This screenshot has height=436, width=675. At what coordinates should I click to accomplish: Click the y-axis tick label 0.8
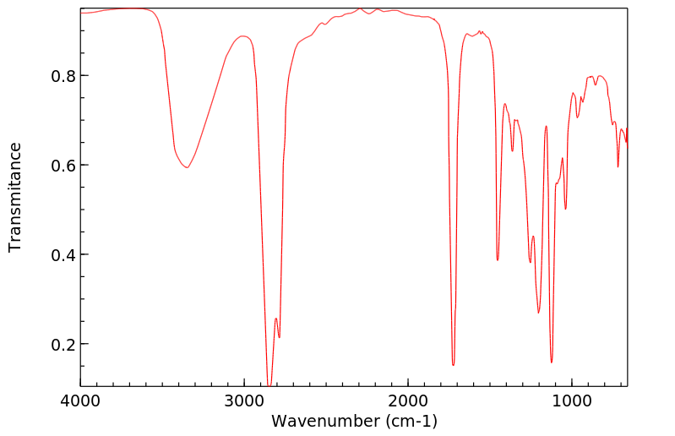click(63, 75)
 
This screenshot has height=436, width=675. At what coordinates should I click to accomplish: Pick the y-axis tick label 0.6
click(63, 165)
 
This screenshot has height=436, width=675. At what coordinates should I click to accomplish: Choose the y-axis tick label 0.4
click(63, 254)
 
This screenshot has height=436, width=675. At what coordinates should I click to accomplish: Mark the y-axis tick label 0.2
click(63, 345)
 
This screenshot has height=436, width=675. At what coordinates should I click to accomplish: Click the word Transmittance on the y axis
click(15, 197)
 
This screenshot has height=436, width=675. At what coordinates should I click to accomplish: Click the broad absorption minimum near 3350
click(187, 167)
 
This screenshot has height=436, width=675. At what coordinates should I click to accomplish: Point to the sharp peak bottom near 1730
click(453, 365)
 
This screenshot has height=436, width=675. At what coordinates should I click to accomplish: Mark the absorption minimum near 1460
click(498, 259)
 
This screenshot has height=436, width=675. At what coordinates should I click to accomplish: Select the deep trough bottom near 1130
click(552, 362)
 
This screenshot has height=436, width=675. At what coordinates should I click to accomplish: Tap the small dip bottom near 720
click(618, 166)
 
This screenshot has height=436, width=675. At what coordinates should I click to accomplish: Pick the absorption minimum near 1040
click(566, 209)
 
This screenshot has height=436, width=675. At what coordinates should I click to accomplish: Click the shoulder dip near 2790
click(280, 337)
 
